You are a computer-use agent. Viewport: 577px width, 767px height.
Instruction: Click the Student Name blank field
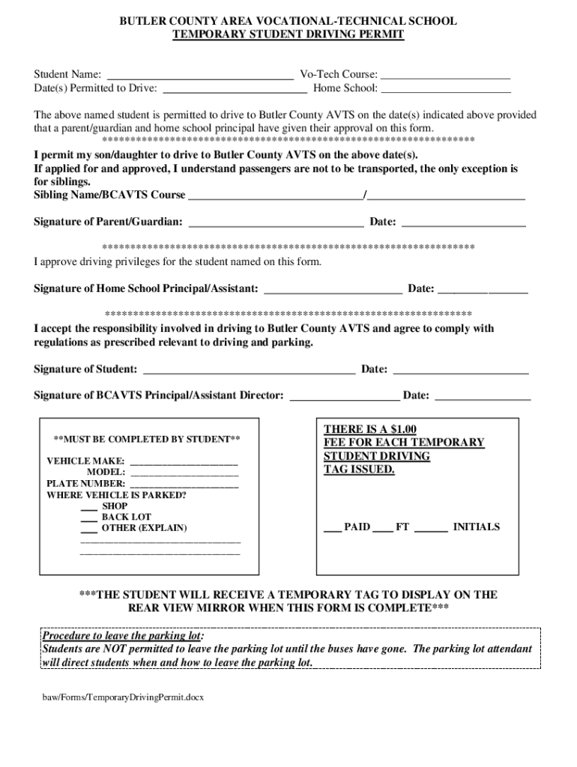coord(200,75)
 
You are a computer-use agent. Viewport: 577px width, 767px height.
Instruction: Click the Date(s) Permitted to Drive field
coord(235,88)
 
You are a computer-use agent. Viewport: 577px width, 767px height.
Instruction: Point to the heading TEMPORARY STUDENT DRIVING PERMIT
coord(288,34)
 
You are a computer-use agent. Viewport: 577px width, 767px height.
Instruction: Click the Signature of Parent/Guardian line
coord(276,222)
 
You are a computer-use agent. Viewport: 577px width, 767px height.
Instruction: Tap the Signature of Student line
coord(249,369)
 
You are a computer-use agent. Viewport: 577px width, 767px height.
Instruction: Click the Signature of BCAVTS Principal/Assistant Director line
coord(345,395)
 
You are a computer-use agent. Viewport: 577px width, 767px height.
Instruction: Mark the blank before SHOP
coord(88,507)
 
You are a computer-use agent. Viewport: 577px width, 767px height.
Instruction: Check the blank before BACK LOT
coord(88,518)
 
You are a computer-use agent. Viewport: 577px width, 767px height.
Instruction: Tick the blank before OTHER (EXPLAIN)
coord(88,529)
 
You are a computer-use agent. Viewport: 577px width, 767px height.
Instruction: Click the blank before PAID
coord(332,528)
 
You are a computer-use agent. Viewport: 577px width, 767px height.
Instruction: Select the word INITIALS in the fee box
coord(476,527)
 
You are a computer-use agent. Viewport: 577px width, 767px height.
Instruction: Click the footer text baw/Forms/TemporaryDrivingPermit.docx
coord(123,697)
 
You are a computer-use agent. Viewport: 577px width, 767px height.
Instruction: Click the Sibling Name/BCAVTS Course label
coord(109,195)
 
